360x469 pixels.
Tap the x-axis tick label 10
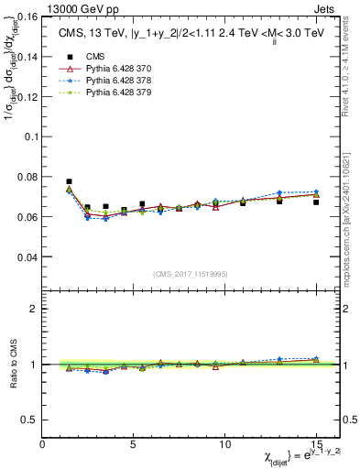(224, 444)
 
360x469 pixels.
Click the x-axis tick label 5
(134, 444)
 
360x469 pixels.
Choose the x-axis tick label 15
(315, 444)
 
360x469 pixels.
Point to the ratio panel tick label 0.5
(28, 420)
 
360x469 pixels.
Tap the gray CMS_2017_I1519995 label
(191, 274)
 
